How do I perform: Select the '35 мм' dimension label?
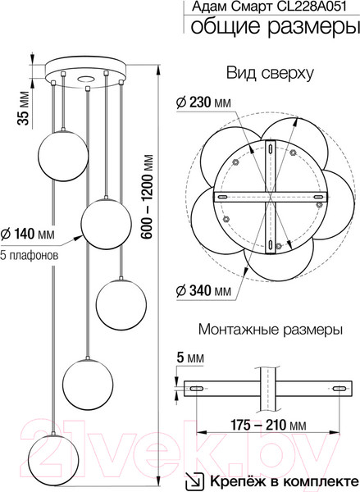pos(23,108)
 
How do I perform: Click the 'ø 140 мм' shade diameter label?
pos(28,234)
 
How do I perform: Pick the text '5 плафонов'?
pos(30,255)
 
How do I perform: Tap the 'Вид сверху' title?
pos(270,74)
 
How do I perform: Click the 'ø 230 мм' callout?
pos(203,102)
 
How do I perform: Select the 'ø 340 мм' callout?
pos(203,291)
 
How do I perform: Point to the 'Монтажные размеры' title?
pos(271,330)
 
